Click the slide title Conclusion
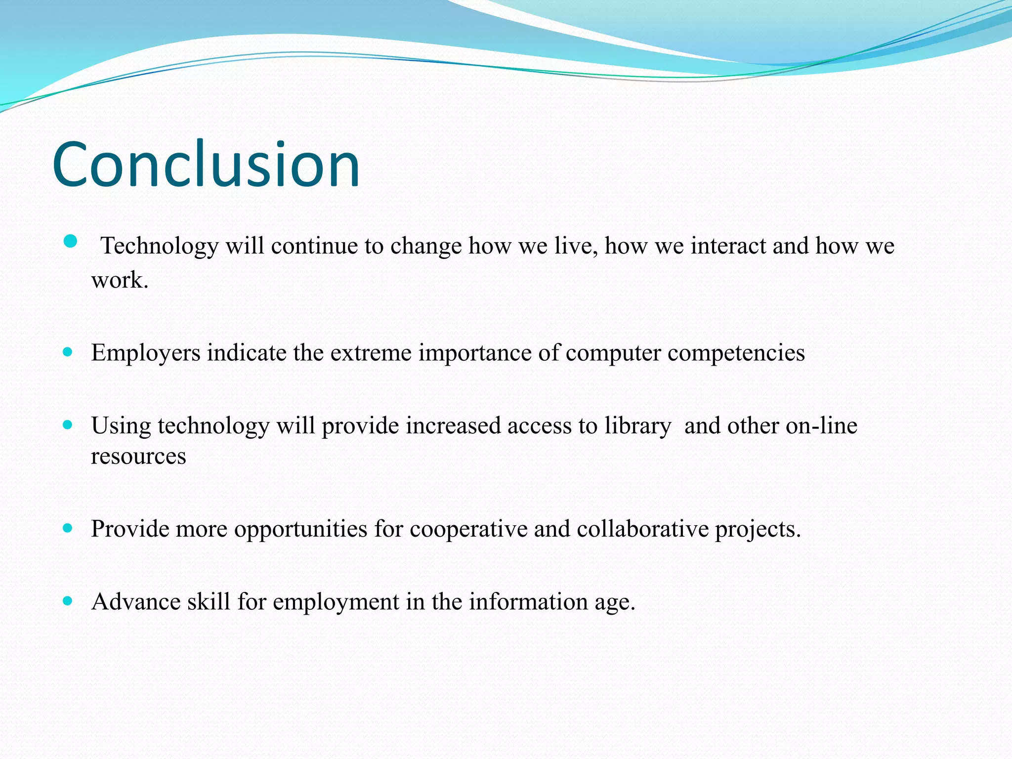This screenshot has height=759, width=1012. click(x=206, y=165)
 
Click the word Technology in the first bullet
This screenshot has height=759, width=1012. click(x=159, y=246)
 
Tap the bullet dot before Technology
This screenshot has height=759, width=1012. click(x=71, y=241)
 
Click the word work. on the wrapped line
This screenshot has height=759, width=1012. click(x=120, y=280)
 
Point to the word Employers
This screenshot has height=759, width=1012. click(x=146, y=353)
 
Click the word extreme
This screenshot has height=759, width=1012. click(x=371, y=353)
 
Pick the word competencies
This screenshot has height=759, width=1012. click(x=736, y=353)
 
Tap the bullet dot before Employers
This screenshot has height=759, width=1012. click(x=68, y=352)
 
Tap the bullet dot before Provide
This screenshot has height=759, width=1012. click(x=68, y=528)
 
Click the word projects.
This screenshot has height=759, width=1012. click(x=758, y=529)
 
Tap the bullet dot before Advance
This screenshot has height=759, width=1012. click(x=68, y=601)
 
